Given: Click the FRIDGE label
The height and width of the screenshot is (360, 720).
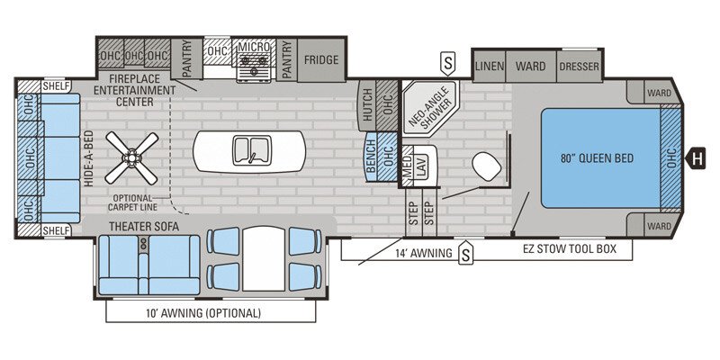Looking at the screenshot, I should coord(320,60).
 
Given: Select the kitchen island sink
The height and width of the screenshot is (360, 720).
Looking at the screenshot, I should coord(248,149).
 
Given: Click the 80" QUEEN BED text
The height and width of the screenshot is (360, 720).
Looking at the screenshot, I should coord(598,158).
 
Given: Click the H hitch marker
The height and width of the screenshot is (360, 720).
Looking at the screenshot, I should coord(697,159).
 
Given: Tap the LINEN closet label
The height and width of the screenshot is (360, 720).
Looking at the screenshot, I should coord(489,67).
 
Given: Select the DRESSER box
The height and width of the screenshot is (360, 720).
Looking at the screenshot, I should coord(579,67).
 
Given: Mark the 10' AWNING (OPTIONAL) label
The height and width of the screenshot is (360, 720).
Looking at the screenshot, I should coord(211,314).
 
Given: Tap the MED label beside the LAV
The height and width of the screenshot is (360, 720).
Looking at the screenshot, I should coord(406,164).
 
